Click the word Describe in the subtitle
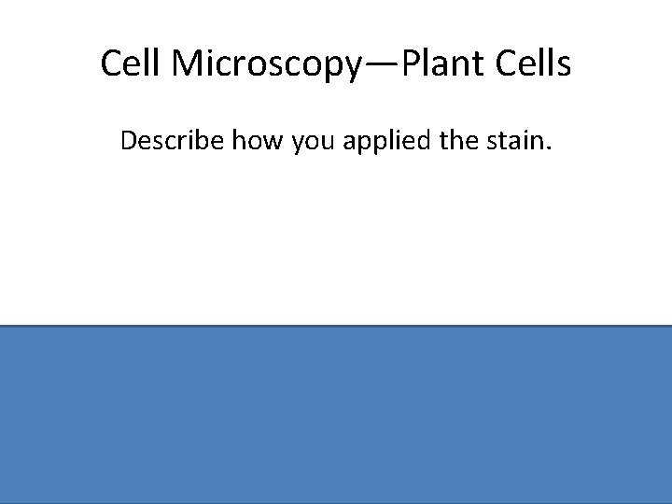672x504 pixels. [170, 142]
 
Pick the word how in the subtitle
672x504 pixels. [253, 142]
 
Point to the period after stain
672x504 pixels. [551, 149]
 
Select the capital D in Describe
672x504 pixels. [128, 142]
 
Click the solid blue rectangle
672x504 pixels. [336, 414]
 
